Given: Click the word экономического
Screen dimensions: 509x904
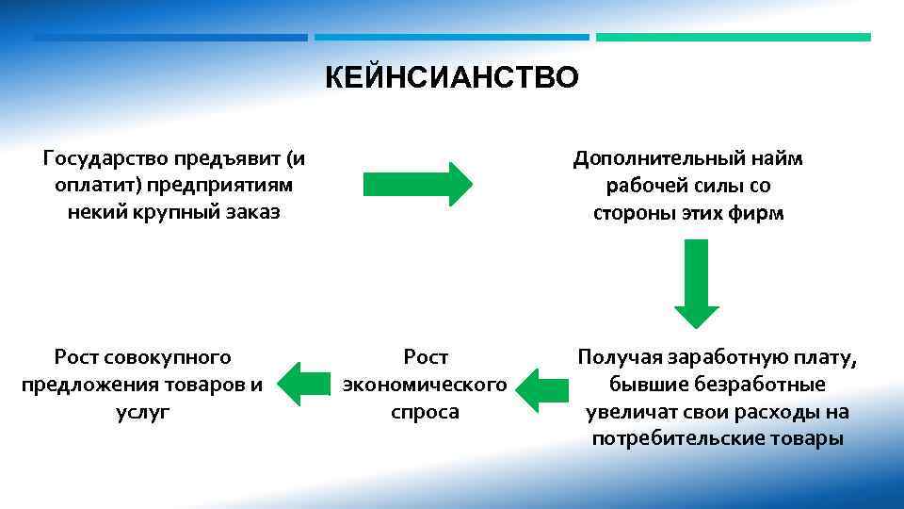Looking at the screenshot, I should [x=426, y=386].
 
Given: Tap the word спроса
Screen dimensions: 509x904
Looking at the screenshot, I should [x=426, y=412].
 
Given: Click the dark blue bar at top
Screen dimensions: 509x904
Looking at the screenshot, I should [x=170, y=38].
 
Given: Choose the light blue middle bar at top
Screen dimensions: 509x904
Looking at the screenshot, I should [x=452, y=38].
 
